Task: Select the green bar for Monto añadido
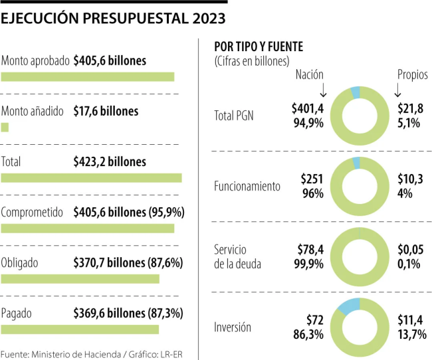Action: pyautogui.click(x=5, y=127)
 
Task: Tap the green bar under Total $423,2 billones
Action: pyautogui.click(x=91, y=177)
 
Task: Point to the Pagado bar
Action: pyautogui.click(x=80, y=329)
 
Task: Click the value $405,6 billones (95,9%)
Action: pyautogui.click(x=129, y=213)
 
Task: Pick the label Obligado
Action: pyautogui.click(x=20, y=263)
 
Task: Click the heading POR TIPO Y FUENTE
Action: pyautogui.click(x=259, y=47)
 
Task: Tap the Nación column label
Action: pyautogui.click(x=309, y=74)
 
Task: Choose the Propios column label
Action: pyautogui.click(x=412, y=74)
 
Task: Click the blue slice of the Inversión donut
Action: pyautogui.click(x=348, y=306)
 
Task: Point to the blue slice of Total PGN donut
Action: pyautogui.click(x=355, y=92)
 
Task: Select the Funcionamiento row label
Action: pyautogui.click(x=247, y=187)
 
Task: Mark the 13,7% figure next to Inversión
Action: pyautogui.click(x=411, y=334)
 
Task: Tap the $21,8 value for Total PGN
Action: pyautogui.click(x=410, y=108)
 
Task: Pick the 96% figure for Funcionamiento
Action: pyautogui.click(x=312, y=194)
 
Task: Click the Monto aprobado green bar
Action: pyautogui.click(x=88, y=76)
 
